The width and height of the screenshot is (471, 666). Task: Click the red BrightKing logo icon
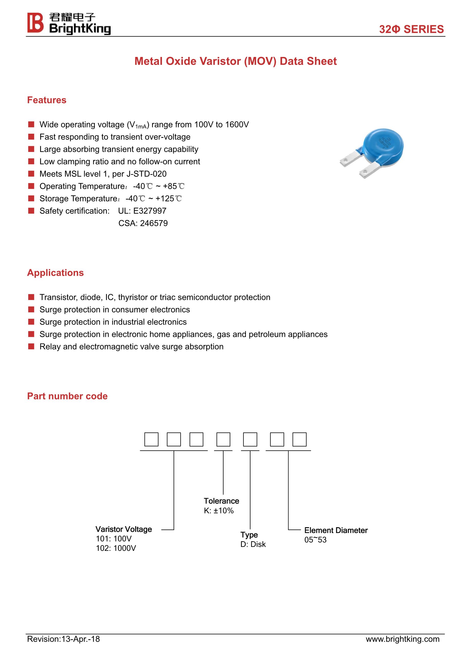coord(35,23)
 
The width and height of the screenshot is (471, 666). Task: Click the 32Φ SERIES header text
coord(411,29)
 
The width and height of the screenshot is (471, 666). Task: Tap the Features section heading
coord(47,100)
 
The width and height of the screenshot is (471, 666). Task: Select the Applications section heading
coord(55,273)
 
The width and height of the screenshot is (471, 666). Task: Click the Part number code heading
coord(67,396)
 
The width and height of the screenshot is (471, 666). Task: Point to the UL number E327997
coord(150,211)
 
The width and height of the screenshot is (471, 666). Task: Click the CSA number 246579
coord(154,223)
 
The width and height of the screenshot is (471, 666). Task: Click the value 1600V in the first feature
coord(237,125)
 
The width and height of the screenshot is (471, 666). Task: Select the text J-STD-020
coord(146,174)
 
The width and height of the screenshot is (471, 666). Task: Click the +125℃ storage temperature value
coord(168,199)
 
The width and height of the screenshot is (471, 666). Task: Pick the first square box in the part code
coord(151,439)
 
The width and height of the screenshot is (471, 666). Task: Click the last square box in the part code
coord(299,439)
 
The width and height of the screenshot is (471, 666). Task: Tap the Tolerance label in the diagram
coord(221,501)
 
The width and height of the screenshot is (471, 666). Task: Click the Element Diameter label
coord(336,530)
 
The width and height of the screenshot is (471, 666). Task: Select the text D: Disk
coord(253,544)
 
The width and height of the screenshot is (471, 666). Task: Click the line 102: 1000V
coord(116,548)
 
